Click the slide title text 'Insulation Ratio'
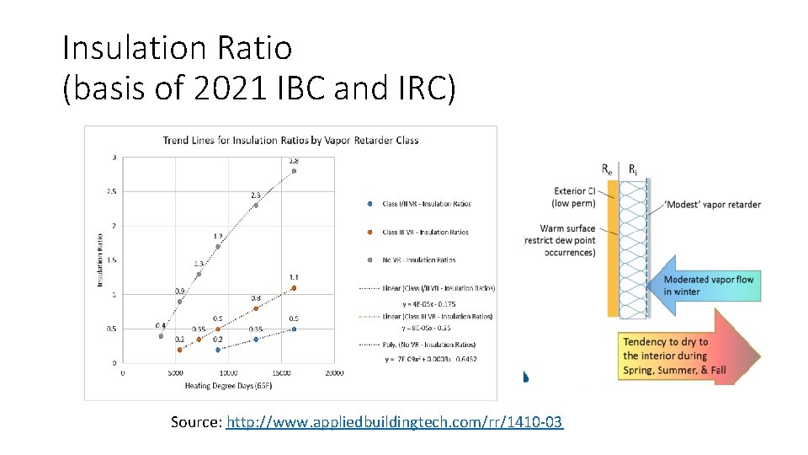pos(178,47)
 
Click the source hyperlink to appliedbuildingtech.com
pos(396,421)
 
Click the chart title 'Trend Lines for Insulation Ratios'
pos(291,140)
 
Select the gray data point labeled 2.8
pos(294,171)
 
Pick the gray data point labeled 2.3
pos(256,205)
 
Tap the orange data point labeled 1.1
pos(294,288)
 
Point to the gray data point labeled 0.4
pos(161,335)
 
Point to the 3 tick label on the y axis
pos(114,157)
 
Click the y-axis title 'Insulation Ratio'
pos(101,260)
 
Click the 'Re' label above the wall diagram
pos(607,169)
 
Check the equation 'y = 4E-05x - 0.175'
pos(428,303)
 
